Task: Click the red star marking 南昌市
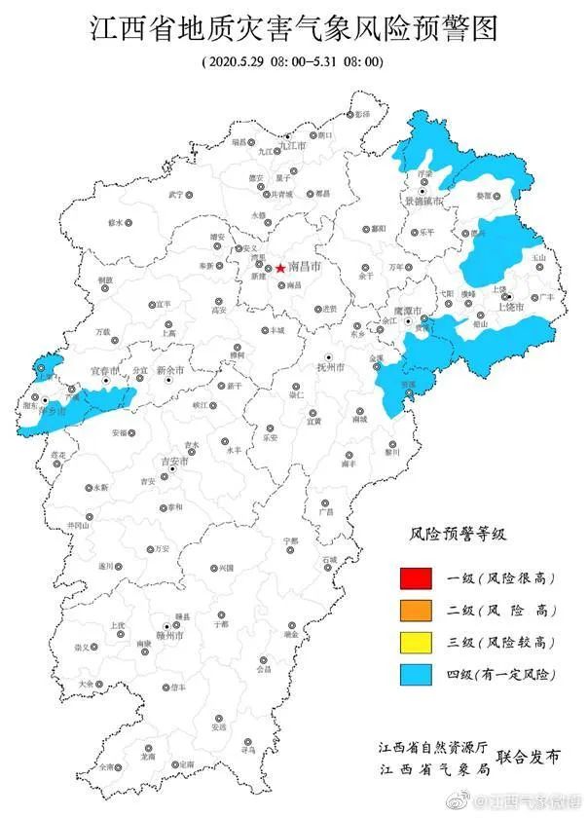point(280,268)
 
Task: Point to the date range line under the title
point(293,61)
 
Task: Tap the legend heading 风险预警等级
point(459,535)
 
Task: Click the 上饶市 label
point(511,307)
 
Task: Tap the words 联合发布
point(529,757)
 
